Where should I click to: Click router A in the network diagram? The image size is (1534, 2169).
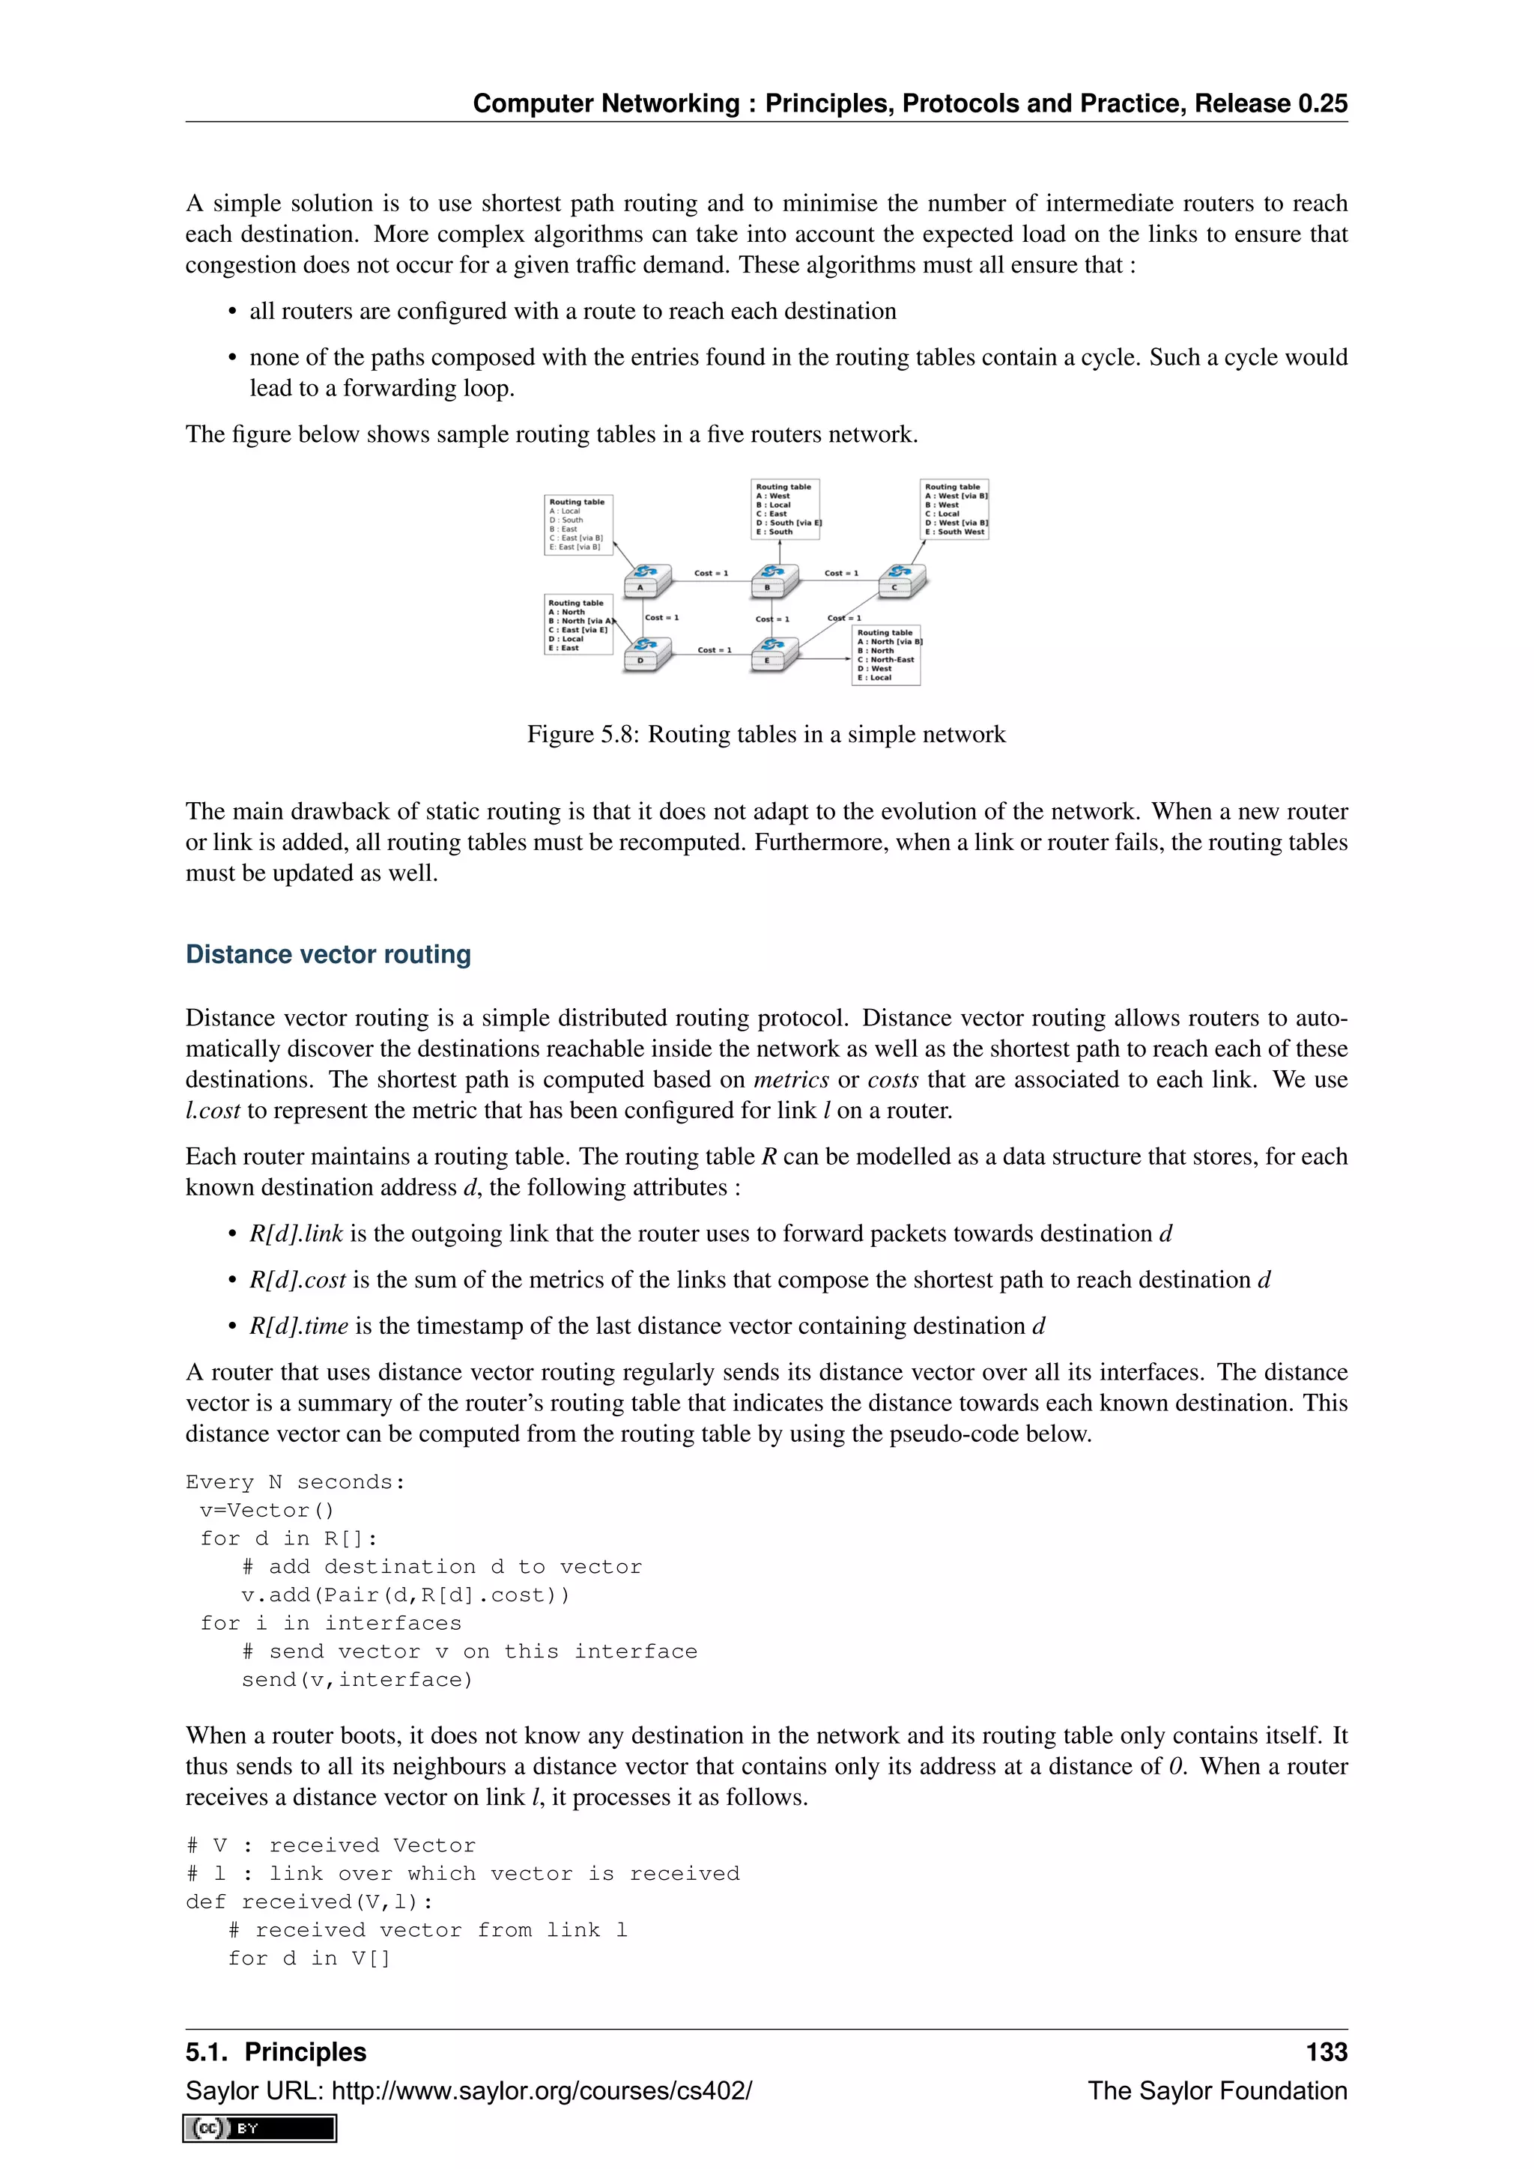647,579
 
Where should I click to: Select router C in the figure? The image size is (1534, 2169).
902,579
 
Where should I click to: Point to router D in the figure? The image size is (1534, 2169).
647,653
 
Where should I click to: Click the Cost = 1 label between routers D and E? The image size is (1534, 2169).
714,650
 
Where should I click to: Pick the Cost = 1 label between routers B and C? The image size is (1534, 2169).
840,574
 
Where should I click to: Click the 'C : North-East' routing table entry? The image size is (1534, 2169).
885,659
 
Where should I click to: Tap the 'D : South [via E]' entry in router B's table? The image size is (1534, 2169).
788,523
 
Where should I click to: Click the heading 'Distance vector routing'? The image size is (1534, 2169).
328,954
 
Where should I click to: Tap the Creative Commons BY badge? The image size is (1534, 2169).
260,2128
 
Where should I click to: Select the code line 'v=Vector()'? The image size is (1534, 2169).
267,1510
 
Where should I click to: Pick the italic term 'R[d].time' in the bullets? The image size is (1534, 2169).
299,1326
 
